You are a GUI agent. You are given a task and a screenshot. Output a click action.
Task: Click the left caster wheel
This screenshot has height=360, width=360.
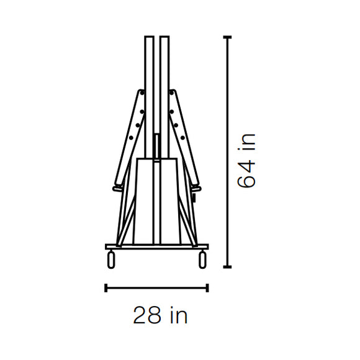point(111,259)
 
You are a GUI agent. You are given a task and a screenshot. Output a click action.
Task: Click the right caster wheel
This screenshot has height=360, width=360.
point(202,259)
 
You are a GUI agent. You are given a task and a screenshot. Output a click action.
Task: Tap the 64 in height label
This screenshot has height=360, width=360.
point(246,161)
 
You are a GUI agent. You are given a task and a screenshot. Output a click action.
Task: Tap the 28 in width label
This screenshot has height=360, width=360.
point(160,315)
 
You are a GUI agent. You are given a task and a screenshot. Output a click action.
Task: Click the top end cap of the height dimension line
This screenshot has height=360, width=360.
point(227,37)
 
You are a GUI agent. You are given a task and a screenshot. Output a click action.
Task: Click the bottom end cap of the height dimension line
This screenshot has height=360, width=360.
point(227,267)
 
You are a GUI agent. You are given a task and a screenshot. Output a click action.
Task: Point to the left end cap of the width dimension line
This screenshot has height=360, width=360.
point(106,288)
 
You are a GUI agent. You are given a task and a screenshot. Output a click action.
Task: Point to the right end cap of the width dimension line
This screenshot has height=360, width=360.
point(207,288)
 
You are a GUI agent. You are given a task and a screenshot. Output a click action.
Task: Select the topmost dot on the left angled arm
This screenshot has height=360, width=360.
point(142,93)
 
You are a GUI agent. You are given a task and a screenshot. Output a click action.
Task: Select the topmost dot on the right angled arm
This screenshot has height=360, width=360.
point(171,93)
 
